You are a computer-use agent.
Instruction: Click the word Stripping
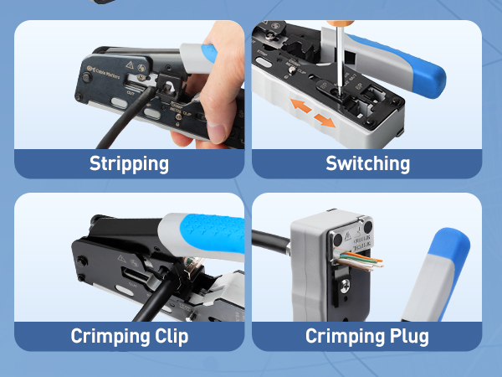[x=129, y=163]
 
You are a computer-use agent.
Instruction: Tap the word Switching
[x=367, y=163]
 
